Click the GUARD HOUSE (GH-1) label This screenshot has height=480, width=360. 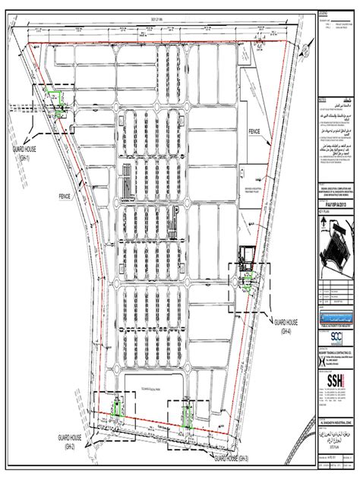(16, 155)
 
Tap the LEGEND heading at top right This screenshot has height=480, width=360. (324, 14)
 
